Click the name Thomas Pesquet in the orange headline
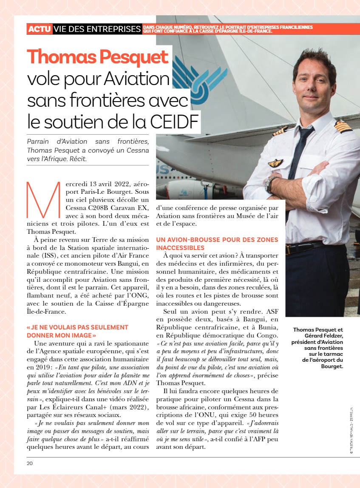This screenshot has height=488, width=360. tap(98, 57)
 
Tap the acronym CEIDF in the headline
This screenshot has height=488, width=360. tap(175, 122)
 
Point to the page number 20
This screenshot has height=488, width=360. tap(29, 463)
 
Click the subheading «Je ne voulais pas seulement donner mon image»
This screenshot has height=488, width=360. tap(77, 331)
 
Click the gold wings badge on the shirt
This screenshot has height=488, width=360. tap(275, 163)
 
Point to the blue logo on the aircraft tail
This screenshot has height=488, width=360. tap(193, 78)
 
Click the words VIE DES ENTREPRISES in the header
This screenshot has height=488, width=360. tap(97, 29)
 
